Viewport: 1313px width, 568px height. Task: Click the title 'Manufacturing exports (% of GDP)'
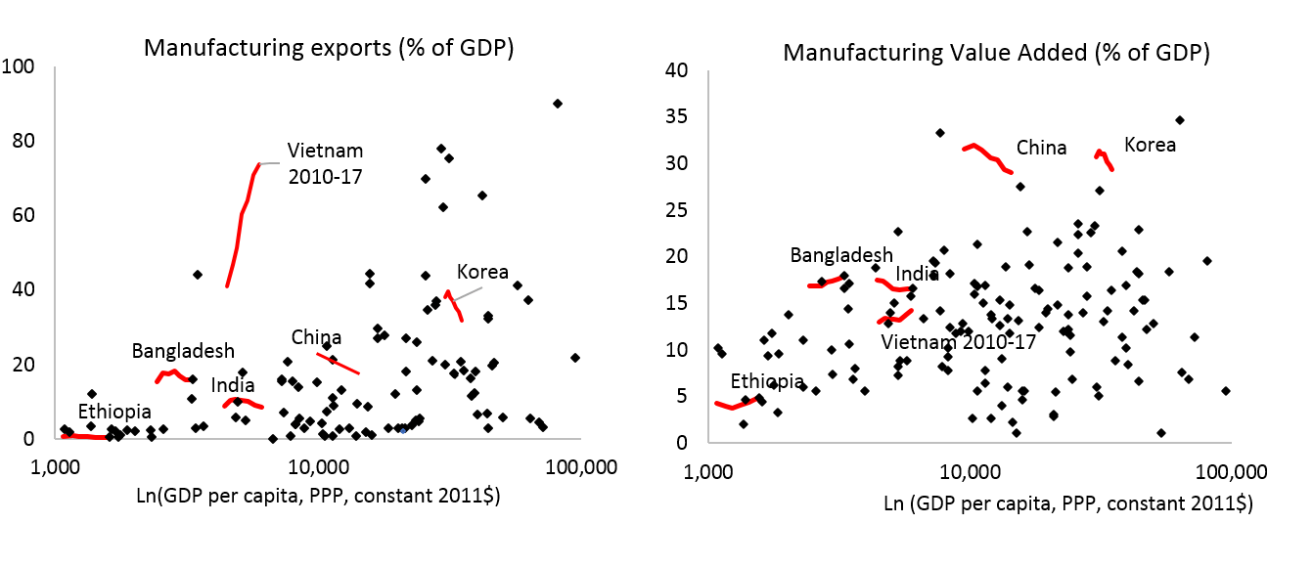329,49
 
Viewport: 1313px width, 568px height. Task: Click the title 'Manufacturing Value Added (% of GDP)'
996,54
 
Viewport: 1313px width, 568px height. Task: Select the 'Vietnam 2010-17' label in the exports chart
325,163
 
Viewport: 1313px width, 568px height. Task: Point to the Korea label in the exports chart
482,272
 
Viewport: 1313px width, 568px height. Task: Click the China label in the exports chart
316,338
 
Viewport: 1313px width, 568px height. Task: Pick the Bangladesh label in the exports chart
183,350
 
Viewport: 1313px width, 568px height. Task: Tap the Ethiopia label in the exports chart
114,411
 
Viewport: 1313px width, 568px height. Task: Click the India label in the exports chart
233,384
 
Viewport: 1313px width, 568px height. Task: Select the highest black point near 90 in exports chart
558,104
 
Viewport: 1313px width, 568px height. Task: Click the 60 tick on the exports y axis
23,215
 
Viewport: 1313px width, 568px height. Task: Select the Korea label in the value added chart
1150,145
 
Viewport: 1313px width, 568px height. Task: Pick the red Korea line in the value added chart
1104,158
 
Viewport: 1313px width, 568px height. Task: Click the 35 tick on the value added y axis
683,116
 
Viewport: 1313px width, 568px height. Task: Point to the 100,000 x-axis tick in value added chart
1230,471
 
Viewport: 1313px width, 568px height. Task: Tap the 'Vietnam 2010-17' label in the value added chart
958,342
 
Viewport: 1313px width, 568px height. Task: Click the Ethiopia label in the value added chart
767,381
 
